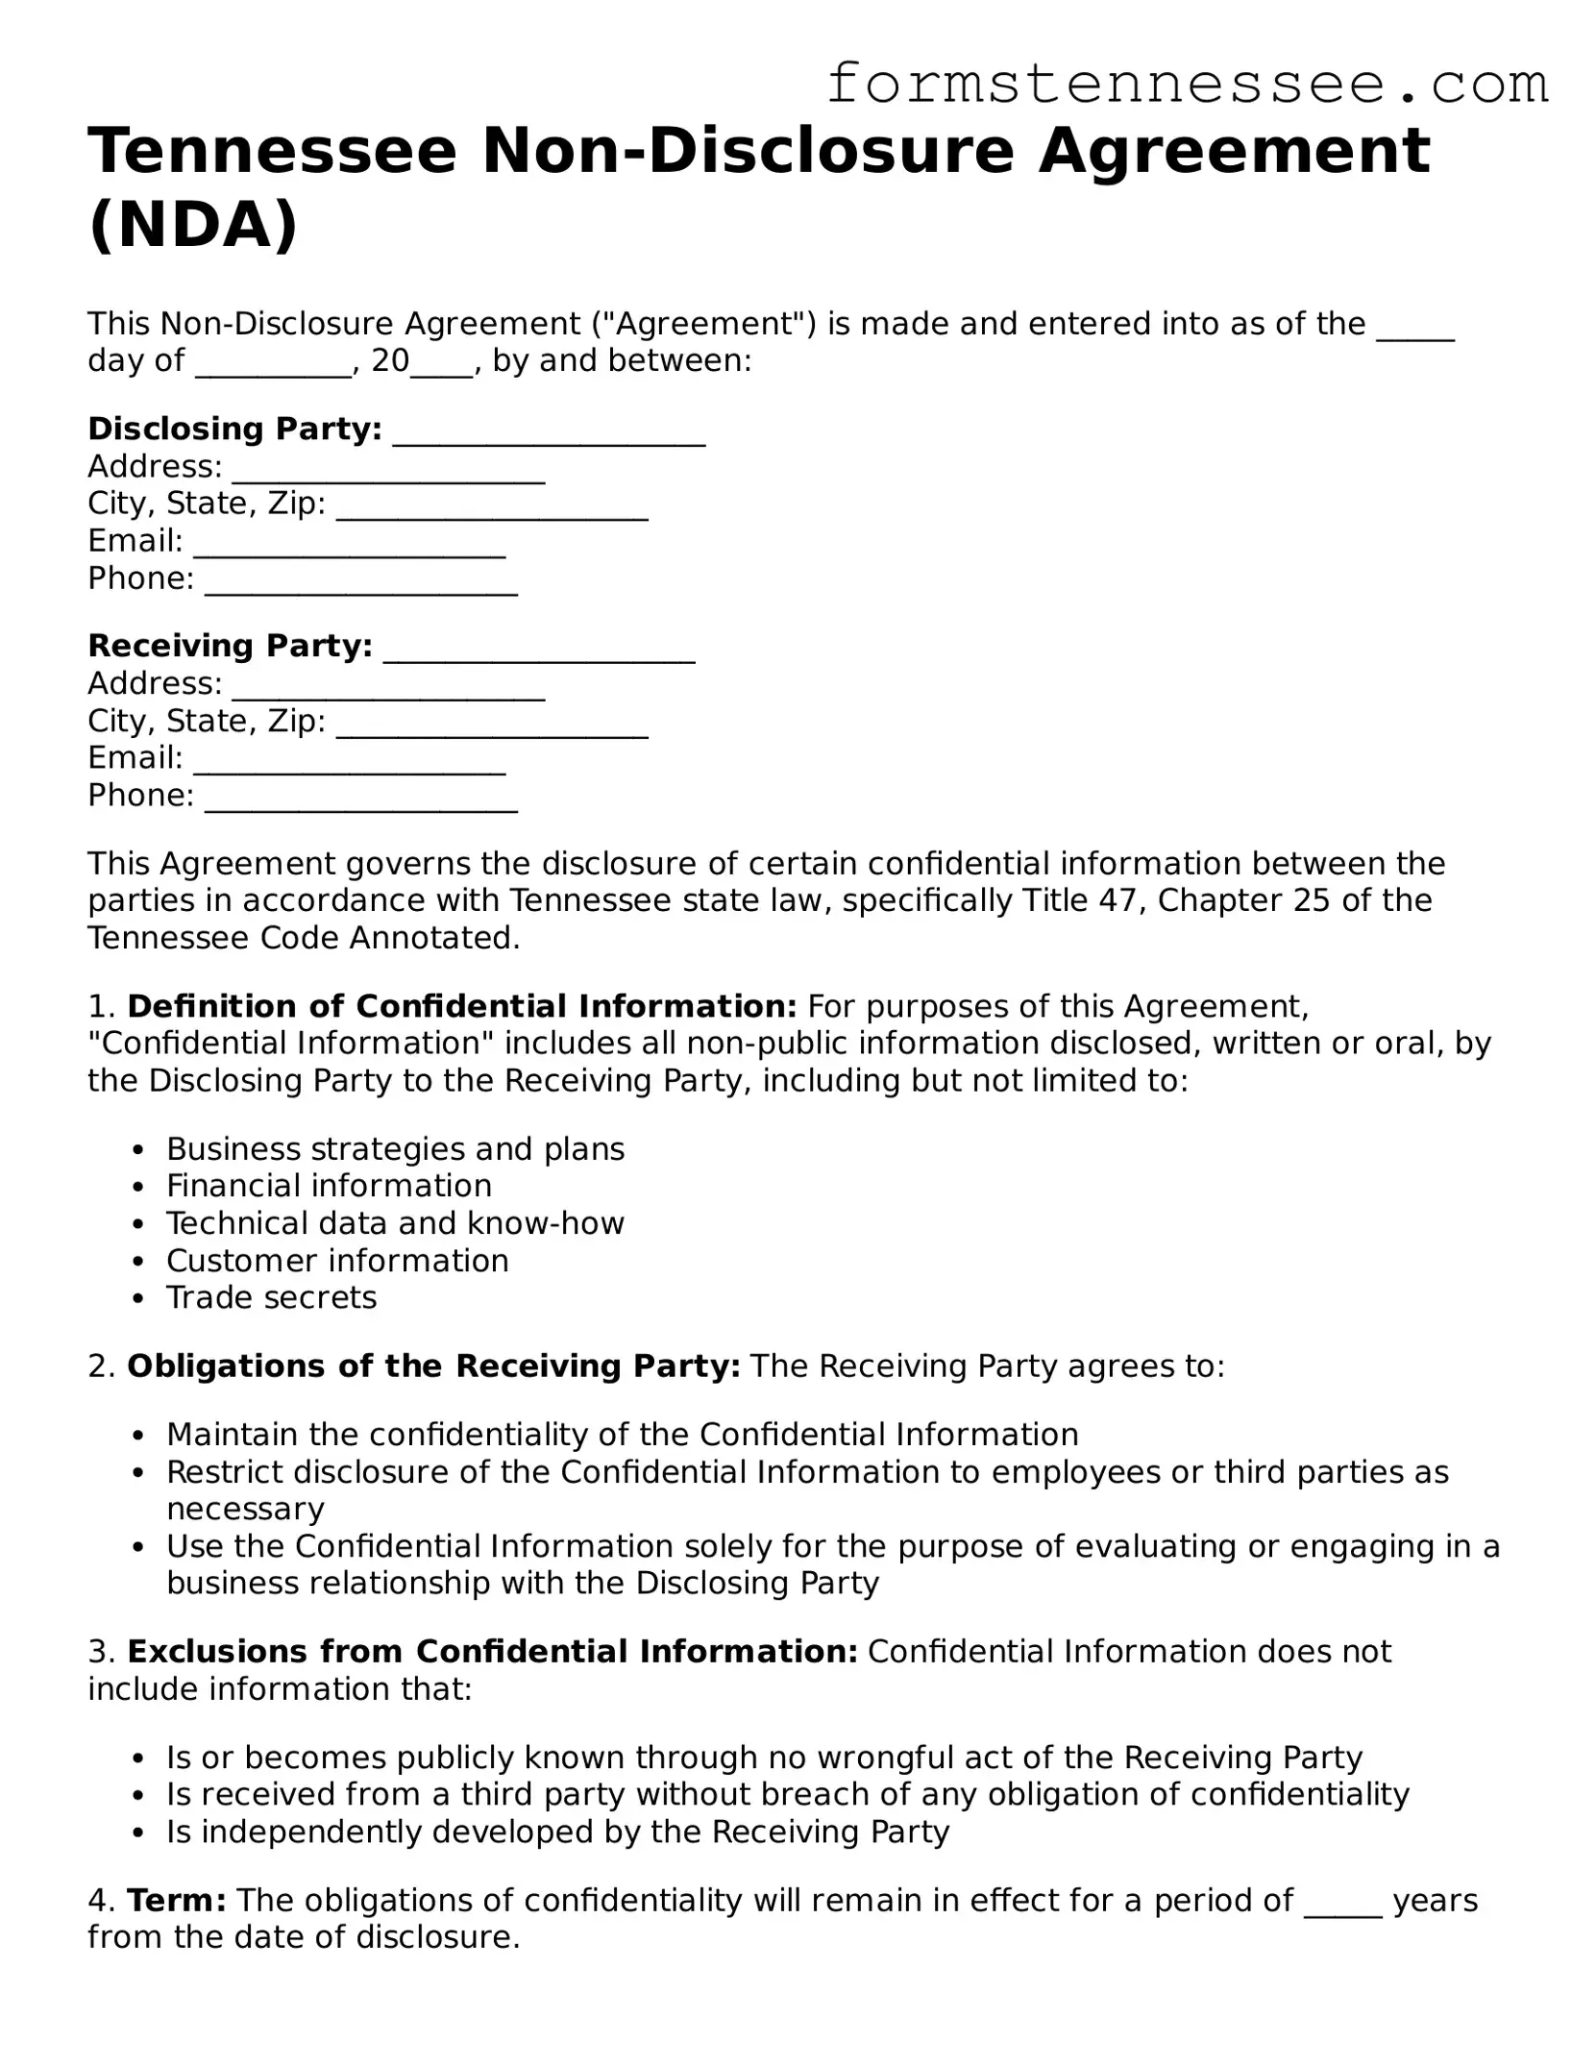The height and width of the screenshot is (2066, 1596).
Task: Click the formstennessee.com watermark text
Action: [x=1187, y=85]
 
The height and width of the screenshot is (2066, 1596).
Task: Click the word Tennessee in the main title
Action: [x=272, y=152]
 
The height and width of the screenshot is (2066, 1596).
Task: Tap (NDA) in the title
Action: [x=193, y=226]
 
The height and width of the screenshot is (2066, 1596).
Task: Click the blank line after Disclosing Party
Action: [x=550, y=432]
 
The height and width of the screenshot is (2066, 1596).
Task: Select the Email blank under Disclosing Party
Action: [x=350, y=544]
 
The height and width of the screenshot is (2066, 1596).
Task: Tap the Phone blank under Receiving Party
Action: [x=361, y=798]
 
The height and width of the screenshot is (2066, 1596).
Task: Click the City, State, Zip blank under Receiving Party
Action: [x=493, y=724]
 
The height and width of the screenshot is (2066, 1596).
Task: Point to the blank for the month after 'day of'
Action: [x=274, y=363]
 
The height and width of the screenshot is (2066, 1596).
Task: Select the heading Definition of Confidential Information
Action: [x=461, y=1006]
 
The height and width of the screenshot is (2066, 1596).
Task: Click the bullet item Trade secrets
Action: [x=271, y=1297]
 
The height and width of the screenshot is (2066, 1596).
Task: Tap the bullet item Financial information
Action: [x=329, y=1186]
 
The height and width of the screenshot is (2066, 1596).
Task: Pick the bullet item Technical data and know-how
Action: [x=395, y=1223]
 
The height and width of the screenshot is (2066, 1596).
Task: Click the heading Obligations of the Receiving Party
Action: [x=432, y=1365]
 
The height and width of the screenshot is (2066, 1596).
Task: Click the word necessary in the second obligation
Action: [x=245, y=1509]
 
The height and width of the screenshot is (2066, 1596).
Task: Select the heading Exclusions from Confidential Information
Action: [x=492, y=1651]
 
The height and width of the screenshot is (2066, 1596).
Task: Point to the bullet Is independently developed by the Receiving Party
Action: [x=557, y=1832]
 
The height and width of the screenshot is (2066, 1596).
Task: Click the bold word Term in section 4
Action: [x=176, y=1900]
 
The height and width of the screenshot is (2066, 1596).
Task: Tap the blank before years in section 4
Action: [x=1342, y=1903]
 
